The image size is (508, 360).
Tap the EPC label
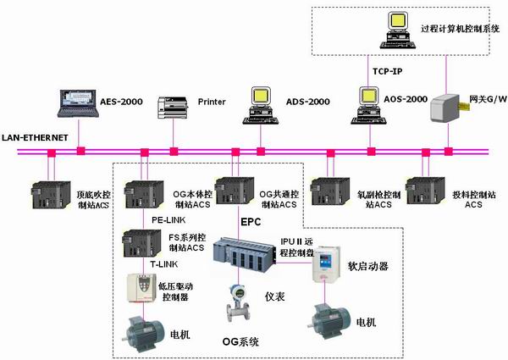pyautogui.click(x=251, y=221)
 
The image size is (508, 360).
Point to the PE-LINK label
pyautogui.click(x=168, y=220)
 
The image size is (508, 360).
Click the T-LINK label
pyautogui.click(x=165, y=263)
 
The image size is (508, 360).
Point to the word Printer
pyautogui.click(x=212, y=102)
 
